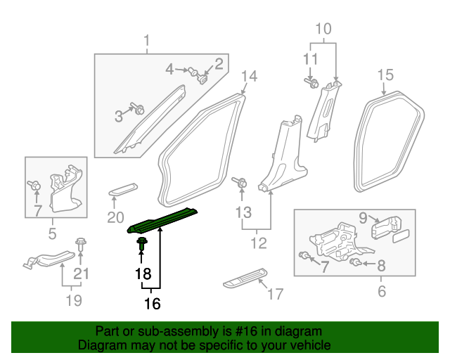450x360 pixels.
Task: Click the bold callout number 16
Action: coord(152,304)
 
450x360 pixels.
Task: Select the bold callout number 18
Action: coord(143,273)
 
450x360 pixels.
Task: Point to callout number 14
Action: coord(250,77)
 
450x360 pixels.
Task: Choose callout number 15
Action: coord(385,75)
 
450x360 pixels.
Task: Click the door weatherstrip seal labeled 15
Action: coord(392,144)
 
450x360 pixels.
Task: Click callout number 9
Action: coord(363,218)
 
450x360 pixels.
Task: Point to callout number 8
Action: coord(382,265)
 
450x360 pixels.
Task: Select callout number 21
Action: coord(82,274)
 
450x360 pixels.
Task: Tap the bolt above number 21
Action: coord(80,246)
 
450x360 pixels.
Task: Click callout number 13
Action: coord(243,212)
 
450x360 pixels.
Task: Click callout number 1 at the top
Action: coord(147,40)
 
